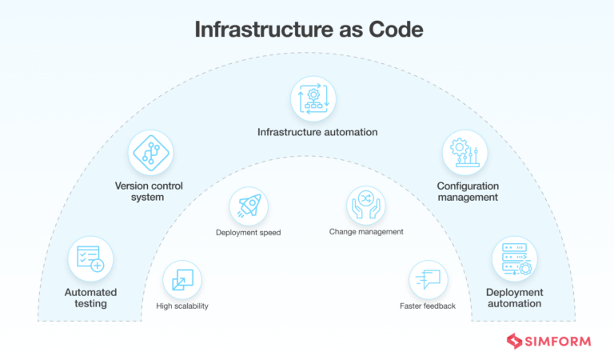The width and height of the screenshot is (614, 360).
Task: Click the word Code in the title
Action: (394, 30)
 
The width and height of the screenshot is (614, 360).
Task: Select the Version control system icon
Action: (151, 154)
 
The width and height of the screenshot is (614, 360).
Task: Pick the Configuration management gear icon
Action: (465, 154)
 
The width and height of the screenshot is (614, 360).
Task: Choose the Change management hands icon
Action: (365, 205)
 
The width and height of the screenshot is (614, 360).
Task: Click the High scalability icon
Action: (181, 280)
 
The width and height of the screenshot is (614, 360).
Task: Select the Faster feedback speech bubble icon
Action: (429, 280)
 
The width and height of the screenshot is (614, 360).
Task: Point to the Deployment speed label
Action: (248, 233)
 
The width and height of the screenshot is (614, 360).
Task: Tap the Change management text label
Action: (366, 232)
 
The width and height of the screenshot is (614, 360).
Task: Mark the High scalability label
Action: (182, 306)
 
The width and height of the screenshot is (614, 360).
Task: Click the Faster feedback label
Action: (428, 306)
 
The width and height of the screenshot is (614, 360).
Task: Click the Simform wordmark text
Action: (557, 342)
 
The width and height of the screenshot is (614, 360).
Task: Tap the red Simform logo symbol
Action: (514, 342)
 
